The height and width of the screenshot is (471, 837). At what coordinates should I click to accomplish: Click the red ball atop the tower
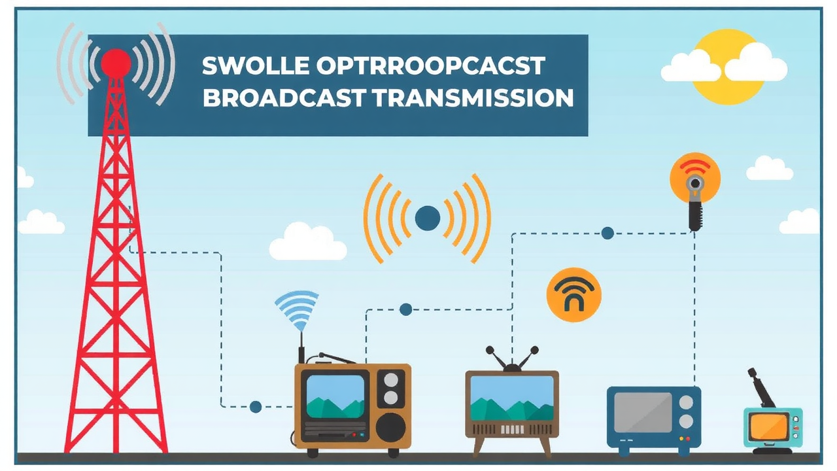(x=116, y=63)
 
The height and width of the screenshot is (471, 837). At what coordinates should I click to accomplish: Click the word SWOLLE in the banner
(x=256, y=66)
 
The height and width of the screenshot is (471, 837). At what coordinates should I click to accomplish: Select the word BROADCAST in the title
(x=284, y=97)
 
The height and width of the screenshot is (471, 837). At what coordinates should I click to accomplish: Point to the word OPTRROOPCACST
(x=430, y=66)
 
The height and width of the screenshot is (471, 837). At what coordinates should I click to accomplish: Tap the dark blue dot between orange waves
(x=428, y=218)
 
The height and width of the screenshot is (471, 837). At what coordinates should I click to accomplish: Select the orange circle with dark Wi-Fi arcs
(x=574, y=295)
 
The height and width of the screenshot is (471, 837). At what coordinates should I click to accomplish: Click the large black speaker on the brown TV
(x=391, y=428)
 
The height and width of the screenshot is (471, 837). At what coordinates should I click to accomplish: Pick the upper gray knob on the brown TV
(x=391, y=380)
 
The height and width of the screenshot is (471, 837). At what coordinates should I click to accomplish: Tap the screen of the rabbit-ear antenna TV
(x=511, y=398)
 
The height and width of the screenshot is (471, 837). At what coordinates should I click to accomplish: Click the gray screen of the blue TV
(x=643, y=412)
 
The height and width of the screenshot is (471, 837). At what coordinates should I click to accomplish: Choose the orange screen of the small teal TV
(x=770, y=427)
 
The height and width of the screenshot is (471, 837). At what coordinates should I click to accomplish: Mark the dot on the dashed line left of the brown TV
(x=256, y=407)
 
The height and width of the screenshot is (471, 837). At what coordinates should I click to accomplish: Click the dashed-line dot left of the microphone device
(x=607, y=234)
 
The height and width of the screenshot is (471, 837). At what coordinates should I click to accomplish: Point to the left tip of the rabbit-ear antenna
(x=490, y=350)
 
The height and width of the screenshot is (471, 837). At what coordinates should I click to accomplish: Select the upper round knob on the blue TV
(x=686, y=402)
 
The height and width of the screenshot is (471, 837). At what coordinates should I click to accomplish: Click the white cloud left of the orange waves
(x=308, y=242)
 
